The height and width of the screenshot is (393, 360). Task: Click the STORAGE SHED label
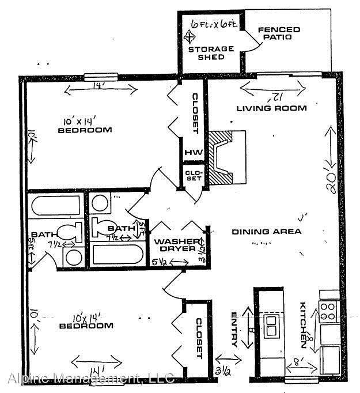(211, 53)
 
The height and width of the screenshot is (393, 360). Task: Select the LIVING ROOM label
(272, 108)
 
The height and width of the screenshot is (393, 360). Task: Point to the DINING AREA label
(267, 232)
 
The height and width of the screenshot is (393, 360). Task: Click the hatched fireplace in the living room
(221, 156)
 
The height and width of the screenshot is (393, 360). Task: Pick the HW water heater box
(191, 153)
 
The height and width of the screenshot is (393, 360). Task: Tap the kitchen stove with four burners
(328, 311)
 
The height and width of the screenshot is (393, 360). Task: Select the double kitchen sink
(270, 326)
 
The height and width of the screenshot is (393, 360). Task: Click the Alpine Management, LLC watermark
(91, 379)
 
